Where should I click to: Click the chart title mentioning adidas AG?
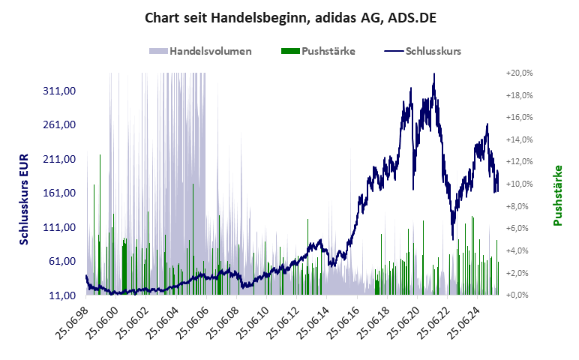(289, 17)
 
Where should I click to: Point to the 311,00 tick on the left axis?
(62, 91)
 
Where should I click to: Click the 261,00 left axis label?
(62, 124)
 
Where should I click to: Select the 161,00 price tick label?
(62, 193)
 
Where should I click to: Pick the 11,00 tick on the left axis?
(64, 295)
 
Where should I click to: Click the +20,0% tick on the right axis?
(519, 73)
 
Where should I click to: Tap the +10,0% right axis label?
(519, 184)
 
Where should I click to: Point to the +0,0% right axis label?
(519, 295)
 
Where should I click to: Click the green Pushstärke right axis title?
(558, 196)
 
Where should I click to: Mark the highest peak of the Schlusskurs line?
(434, 74)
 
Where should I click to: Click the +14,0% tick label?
(519, 139)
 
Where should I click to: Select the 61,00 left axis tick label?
(64, 261)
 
